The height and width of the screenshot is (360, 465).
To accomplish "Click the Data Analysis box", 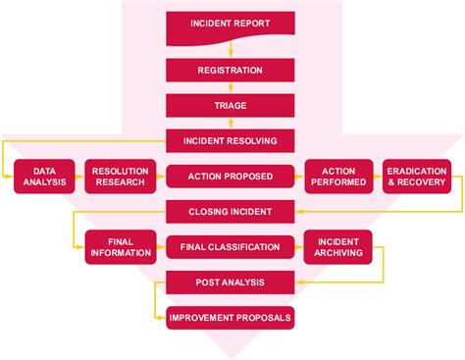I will (44, 175).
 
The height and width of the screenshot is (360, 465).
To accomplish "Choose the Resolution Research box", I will (119, 175).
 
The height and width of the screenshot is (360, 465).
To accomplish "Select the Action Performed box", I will (338, 175).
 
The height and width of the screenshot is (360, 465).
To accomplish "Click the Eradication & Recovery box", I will (417, 175).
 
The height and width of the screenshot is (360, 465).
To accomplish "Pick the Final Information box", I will (119, 247).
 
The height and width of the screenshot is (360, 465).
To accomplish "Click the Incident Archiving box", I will (338, 247).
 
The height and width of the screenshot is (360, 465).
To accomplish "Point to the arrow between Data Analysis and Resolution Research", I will (79, 175).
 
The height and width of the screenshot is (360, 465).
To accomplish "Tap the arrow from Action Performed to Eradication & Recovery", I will (378, 175).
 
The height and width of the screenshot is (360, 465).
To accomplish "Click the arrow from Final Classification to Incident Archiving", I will (299, 247).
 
